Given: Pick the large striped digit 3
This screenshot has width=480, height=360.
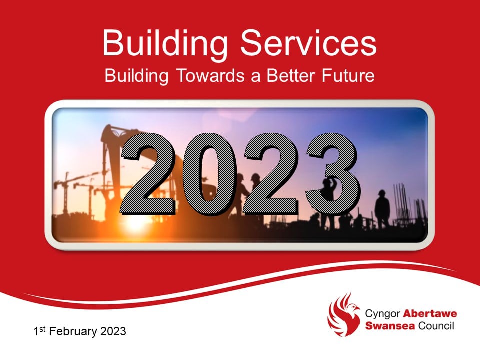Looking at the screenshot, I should coord(332,172).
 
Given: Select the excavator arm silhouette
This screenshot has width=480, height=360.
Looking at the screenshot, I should coord(111,145).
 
